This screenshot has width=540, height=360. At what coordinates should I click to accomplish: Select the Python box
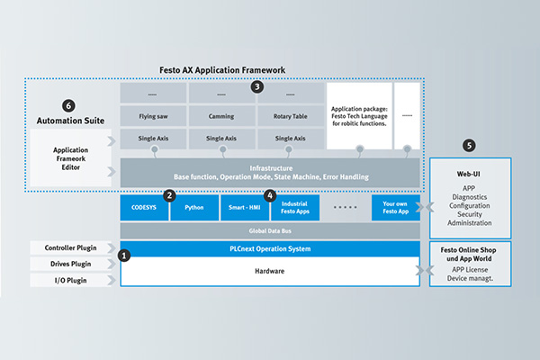tap(194, 208)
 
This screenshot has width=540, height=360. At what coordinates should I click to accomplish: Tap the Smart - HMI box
tap(244, 208)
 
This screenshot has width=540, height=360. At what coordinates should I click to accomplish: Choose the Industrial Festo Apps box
tap(294, 208)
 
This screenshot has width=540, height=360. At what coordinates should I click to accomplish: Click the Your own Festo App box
tap(395, 208)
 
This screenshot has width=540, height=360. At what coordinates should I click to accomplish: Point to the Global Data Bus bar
tap(270, 231)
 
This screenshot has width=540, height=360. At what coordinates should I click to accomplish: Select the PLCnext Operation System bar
tap(270, 248)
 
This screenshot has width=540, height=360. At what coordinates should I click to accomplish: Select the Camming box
tap(220, 116)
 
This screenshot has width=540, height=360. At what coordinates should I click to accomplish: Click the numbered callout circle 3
tap(257, 87)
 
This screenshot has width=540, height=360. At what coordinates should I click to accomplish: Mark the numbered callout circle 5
tap(470, 145)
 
